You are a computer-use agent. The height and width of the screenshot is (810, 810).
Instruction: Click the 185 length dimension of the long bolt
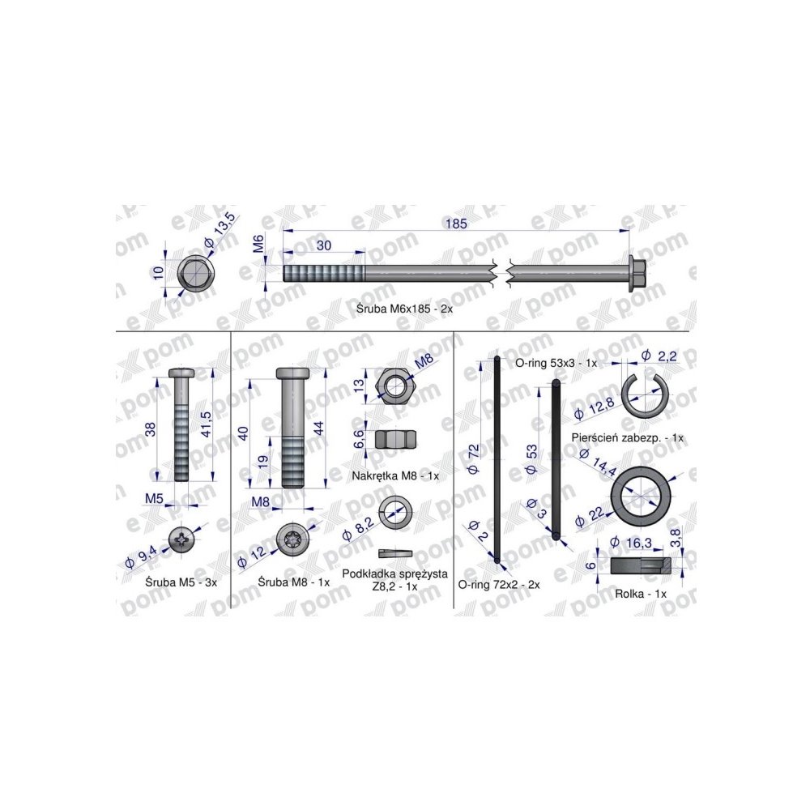click(x=456, y=224)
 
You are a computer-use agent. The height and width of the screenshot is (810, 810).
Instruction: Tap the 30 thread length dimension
click(x=324, y=245)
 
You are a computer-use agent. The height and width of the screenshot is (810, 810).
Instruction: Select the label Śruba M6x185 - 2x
click(x=404, y=309)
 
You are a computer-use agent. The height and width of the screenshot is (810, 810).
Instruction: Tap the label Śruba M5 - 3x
click(x=181, y=582)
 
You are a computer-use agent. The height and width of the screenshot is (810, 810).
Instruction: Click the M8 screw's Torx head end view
click(x=293, y=539)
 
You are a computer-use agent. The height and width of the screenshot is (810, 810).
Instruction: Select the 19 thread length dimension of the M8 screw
click(x=264, y=462)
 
